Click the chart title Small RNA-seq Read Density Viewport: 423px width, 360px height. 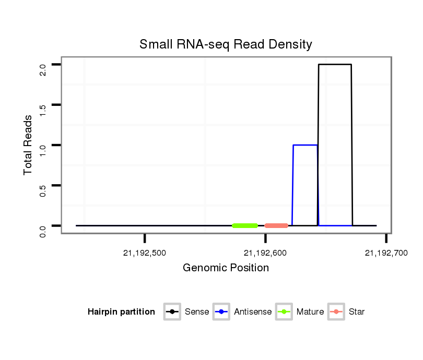click(226, 44)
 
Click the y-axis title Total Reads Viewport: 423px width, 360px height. click(29, 145)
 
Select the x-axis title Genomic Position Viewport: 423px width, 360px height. click(226, 268)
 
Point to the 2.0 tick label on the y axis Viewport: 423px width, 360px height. click(43, 69)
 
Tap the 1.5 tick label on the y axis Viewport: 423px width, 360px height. click(43, 109)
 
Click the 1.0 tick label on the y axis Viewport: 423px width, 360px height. click(43, 149)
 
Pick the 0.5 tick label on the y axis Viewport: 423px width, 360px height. click(43, 189)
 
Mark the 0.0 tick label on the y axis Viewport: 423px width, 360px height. click(43, 230)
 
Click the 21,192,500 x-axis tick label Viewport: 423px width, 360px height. click(145, 254)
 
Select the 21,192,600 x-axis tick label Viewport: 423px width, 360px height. click(265, 254)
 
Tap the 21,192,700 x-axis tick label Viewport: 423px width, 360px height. click(386, 254)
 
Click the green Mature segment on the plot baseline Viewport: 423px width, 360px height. click(245, 226)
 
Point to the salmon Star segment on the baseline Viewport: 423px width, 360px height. click(276, 226)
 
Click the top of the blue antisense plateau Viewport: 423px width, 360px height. click(305, 145)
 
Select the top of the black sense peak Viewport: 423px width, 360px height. click(335, 65)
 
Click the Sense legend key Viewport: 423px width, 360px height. click(172, 312)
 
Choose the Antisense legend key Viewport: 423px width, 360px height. click(221, 312)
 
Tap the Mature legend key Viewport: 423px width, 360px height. click(284, 312)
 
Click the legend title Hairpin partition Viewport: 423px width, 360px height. click(121, 312)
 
